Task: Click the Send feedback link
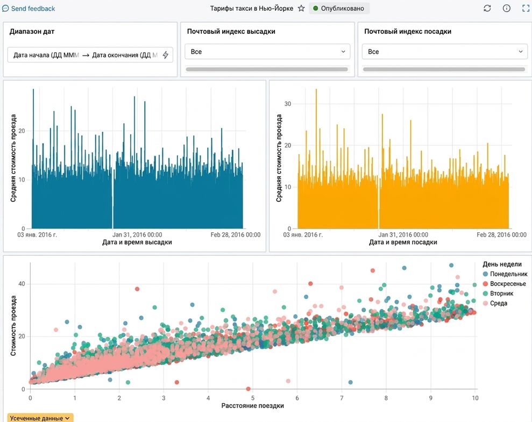click(x=29, y=9)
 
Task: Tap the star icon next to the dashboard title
click(x=301, y=9)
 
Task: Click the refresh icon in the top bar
click(x=487, y=9)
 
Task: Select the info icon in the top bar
click(x=506, y=9)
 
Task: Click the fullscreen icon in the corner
click(x=526, y=9)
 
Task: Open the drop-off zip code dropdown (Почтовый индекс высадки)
click(x=267, y=52)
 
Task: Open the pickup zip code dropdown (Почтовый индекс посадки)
click(x=444, y=52)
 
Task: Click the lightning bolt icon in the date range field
click(x=165, y=55)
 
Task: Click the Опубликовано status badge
click(x=339, y=9)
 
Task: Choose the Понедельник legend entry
click(x=505, y=274)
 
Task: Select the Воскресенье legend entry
click(x=504, y=284)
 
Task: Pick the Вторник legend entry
click(x=498, y=294)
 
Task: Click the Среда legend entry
click(x=495, y=303)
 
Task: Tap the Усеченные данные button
click(x=40, y=418)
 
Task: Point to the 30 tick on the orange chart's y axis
click(x=288, y=104)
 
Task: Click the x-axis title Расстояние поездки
click(x=252, y=406)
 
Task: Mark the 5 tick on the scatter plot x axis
click(x=253, y=398)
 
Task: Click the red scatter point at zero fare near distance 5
click(x=249, y=389)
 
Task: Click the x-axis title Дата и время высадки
click(x=137, y=242)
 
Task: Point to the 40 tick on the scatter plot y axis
click(x=22, y=284)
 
